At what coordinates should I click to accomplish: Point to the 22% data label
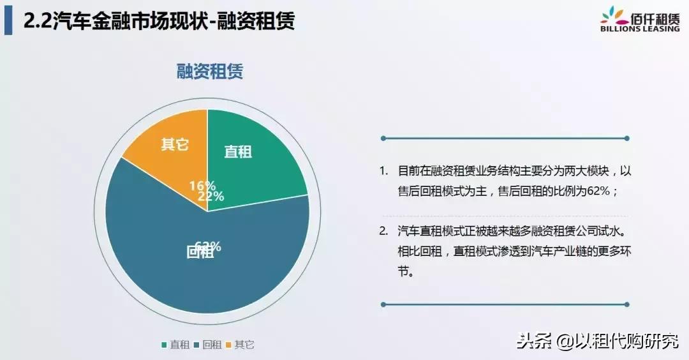coord(211,197)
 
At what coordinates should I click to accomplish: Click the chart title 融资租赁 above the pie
coord(209,71)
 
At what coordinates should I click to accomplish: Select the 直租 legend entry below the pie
coord(175,345)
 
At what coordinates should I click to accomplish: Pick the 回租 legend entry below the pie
coord(208,345)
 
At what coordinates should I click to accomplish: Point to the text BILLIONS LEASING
coord(639,29)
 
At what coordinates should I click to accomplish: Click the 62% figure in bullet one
coord(600,191)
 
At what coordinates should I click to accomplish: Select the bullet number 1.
coord(383,171)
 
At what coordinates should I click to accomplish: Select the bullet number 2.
coord(383,230)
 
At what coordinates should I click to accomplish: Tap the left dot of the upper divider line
coord(383,138)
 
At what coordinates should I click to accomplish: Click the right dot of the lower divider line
coord(627,304)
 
